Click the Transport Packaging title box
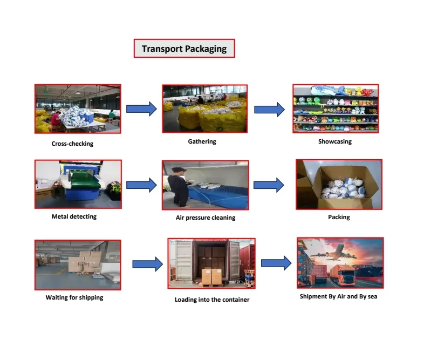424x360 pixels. (184, 49)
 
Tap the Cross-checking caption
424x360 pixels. (72, 144)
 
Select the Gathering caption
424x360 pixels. (202, 141)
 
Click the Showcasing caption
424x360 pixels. (334, 141)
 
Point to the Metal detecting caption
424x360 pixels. (74, 216)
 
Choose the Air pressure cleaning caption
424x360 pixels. (206, 218)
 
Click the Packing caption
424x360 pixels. (339, 217)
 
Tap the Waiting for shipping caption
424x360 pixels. (74, 297)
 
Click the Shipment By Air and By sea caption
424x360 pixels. (338, 296)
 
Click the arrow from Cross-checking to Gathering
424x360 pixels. (141, 108)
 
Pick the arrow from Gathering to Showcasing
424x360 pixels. (269, 110)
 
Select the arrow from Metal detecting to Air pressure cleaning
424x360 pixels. (141, 185)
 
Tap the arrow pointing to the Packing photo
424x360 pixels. (269, 185)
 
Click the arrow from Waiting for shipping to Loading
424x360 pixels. (147, 264)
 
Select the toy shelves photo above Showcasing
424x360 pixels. (335, 108)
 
